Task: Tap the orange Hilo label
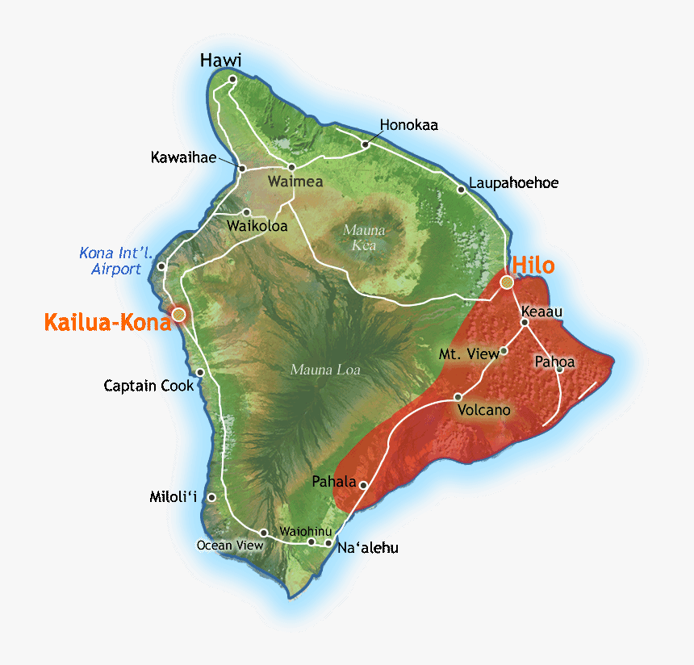[x=533, y=265]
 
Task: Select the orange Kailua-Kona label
[x=107, y=322]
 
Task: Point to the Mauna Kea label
[x=364, y=237]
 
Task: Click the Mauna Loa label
[x=325, y=370]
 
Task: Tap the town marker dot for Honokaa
[x=366, y=145]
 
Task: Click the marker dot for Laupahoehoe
[x=461, y=190]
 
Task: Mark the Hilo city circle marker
[x=507, y=282]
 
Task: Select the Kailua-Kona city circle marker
[x=178, y=313]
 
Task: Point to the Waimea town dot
[x=292, y=167]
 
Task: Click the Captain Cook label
[x=149, y=386]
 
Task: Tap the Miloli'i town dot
[x=211, y=497]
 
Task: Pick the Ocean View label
[x=230, y=546]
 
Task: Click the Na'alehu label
[x=367, y=548]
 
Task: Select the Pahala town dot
[x=363, y=485]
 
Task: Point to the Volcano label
[x=483, y=410]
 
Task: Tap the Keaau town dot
[x=525, y=322]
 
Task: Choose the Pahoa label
[x=554, y=362]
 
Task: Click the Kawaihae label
[x=184, y=157]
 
